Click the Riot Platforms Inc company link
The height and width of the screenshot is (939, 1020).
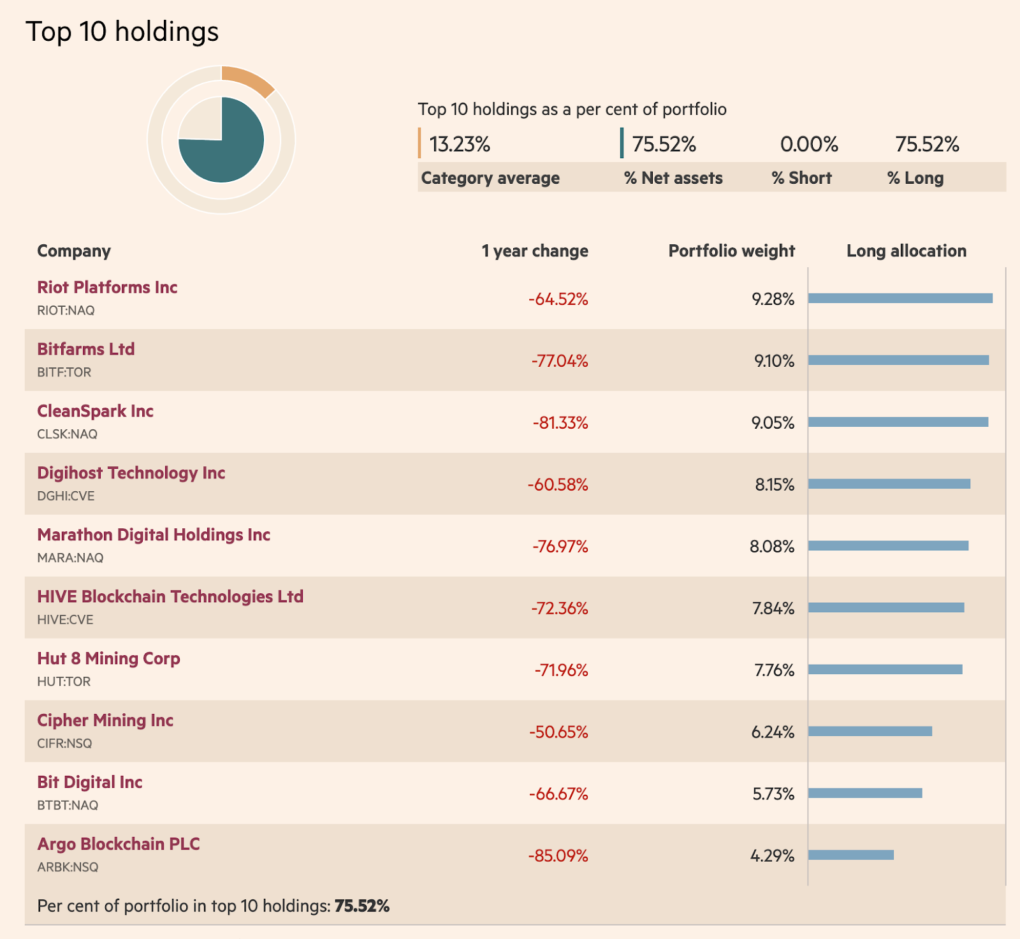(x=107, y=287)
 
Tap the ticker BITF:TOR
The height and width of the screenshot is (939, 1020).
(x=64, y=373)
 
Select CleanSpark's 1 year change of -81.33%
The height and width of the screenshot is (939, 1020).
(x=560, y=423)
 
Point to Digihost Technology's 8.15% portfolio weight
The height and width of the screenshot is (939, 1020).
(x=775, y=485)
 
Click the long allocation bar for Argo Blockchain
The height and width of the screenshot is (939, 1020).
(x=851, y=855)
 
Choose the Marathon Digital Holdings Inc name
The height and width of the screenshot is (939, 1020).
(x=154, y=535)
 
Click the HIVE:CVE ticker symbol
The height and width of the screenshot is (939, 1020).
(x=65, y=620)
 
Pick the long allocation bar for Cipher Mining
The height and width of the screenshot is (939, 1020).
(x=870, y=731)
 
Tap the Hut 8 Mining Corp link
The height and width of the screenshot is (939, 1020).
(x=108, y=658)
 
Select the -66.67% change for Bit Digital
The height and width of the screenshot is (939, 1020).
(x=558, y=794)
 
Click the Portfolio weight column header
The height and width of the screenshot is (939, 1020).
(x=731, y=251)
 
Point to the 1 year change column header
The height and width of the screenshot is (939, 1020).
(x=534, y=251)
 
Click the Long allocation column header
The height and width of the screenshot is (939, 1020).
(x=906, y=251)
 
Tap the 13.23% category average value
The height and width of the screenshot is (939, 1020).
(x=460, y=144)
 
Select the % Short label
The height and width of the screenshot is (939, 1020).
(x=801, y=178)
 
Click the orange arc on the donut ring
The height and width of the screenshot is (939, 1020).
(x=249, y=80)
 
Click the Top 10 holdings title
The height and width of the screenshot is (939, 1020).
(x=122, y=31)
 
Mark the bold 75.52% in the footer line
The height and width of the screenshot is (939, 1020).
(x=361, y=906)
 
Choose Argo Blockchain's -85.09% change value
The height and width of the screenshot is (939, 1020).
(x=558, y=856)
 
